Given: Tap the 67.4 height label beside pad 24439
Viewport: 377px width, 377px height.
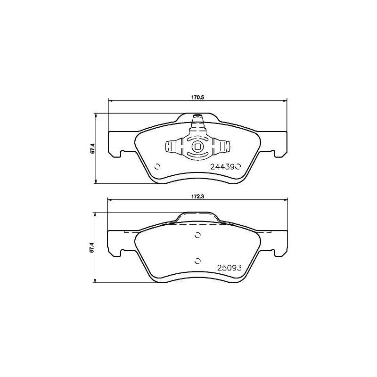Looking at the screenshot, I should click(93, 148).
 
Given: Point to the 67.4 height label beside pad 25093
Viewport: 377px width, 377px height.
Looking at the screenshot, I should click(93, 247).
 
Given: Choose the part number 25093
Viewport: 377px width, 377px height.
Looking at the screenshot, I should click(229, 267).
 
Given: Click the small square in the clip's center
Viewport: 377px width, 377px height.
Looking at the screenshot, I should click(197, 146).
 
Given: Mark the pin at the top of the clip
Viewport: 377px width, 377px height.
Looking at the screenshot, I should click(197, 116).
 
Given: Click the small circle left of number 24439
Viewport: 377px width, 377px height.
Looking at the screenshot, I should click(157, 166).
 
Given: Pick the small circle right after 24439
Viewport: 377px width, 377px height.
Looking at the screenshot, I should click(238, 166).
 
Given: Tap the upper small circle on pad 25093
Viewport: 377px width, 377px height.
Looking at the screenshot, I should click(197, 236).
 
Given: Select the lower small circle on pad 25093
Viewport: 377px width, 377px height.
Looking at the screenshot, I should click(197, 261).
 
